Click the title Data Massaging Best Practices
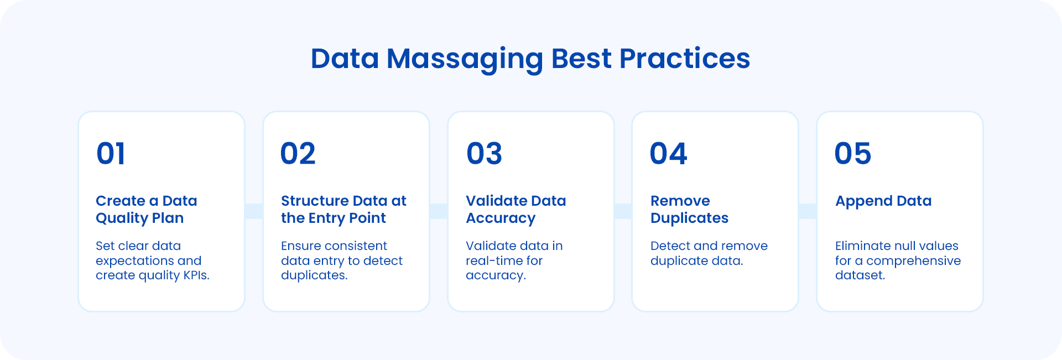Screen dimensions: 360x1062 [x=530, y=59]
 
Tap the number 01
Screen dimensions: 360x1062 [x=111, y=154]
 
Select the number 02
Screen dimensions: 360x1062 [x=298, y=154]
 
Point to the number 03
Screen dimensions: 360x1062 [x=484, y=154]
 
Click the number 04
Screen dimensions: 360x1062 [x=668, y=154]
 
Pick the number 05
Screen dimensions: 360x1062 [x=852, y=154]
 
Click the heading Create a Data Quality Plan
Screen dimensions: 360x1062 [x=146, y=209]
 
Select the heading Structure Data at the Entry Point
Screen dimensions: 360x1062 [x=343, y=209]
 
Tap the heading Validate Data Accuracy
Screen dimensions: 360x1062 [x=516, y=209]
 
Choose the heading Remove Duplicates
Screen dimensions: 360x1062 [x=689, y=209]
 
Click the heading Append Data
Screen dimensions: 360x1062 [x=883, y=201]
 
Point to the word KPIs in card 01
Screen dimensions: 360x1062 [x=196, y=275]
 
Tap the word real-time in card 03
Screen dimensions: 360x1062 [x=490, y=260]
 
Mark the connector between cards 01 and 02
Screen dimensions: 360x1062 [x=254, y=211]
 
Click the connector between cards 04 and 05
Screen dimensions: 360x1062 [x=808, y=211]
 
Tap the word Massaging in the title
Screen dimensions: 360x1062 [x=465, y=59]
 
